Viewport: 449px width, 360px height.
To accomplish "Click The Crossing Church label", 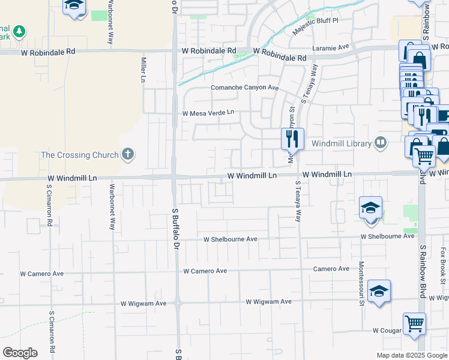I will [79, 155].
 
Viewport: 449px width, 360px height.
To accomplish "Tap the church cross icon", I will [127, 154].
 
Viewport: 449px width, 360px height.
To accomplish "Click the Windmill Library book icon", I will [380, 143].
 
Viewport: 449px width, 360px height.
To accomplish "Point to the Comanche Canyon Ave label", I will [245, 88].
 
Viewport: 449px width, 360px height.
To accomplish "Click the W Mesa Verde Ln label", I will [208, 113].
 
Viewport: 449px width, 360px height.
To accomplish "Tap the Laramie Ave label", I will [331, 47].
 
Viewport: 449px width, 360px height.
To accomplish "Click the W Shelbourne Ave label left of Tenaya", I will [231, 239].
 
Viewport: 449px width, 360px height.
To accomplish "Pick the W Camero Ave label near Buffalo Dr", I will [205, 271].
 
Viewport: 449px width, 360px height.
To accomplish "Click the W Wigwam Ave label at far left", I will [143, 304].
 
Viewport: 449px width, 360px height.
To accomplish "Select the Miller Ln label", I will [143, 70].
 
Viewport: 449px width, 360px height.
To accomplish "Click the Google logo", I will [20, 353].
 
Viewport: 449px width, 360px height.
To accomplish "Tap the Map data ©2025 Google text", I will [412, 355].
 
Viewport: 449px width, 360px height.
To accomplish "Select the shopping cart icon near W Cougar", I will [414, 323].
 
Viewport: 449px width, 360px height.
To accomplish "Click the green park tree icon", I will [19, 31].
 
